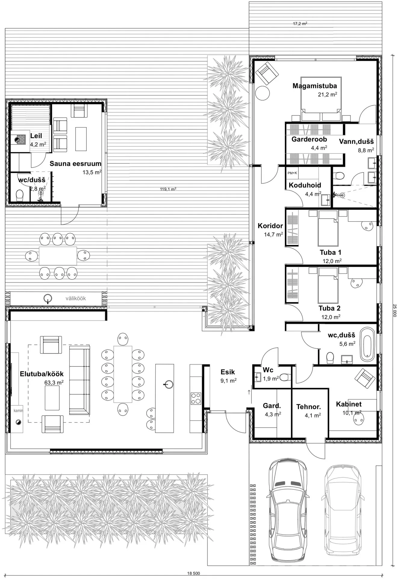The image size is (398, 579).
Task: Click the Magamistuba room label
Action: tap(315, 86)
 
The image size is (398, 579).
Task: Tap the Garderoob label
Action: tap(309, 139)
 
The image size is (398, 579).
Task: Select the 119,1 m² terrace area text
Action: tap(168, 189)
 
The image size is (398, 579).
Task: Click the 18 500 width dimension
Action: tap(194, 573)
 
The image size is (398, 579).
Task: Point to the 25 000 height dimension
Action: tap(395, 310)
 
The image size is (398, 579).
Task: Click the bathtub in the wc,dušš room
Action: tap(368, 344)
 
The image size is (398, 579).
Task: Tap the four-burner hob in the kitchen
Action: tap(196, 398)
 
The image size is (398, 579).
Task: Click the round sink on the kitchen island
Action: tap(168, 384)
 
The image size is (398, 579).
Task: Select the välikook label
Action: tap(76, 299)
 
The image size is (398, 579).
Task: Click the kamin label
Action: tap(18, 410)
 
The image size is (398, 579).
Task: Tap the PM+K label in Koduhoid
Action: tap(292, 173)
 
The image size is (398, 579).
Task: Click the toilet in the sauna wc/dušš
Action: tap(19, 195)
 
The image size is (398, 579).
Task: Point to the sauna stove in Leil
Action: tap(20, 140)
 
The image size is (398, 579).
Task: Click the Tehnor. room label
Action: tap(309, 407)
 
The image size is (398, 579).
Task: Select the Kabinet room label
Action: tap(349, 404)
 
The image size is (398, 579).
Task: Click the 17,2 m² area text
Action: tap(300, 24)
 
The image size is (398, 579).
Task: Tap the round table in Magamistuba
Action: tap(263, 93)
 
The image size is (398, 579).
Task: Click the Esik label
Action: tap(228, 372)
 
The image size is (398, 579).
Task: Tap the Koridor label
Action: tap(270, 226)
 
